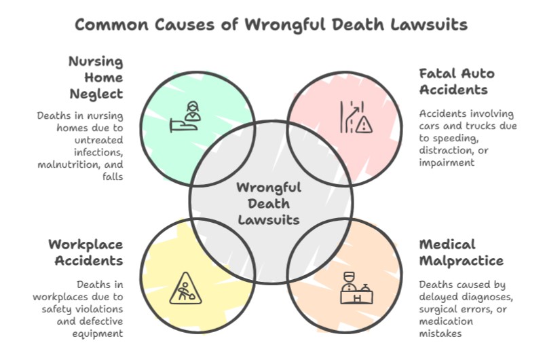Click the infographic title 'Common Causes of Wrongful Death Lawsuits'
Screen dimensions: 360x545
271,25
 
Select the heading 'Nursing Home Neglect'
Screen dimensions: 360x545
95,77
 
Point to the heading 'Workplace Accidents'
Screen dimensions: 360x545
85,251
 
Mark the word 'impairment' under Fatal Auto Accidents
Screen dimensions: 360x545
447,162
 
